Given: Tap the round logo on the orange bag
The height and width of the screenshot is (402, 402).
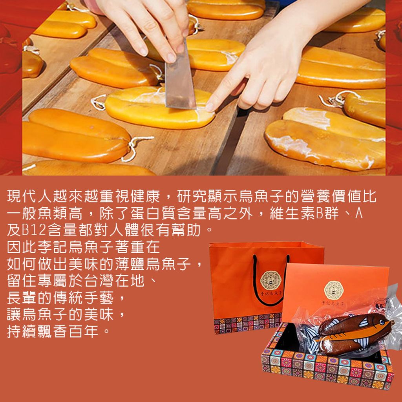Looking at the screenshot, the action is pos(270,280).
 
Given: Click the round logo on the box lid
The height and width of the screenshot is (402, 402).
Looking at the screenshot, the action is pos(334,290).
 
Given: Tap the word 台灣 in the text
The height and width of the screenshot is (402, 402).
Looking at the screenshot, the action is pos(99,281).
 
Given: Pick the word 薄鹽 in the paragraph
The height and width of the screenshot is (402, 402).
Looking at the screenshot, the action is pos(130,264).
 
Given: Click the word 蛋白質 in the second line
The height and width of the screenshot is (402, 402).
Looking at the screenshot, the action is pos(153,214).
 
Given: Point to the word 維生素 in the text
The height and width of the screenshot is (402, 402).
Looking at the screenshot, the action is pos(292,214).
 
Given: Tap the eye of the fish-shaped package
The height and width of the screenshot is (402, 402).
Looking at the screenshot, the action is pos(382,322).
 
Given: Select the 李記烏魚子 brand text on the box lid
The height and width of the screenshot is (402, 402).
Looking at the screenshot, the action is pos(333,303).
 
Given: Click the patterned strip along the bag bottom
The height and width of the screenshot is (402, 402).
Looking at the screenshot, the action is pos(248,323).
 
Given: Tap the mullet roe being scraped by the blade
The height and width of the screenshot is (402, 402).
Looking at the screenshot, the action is pos(159,107).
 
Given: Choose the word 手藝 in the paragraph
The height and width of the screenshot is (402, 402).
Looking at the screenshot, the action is pos(99,298).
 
